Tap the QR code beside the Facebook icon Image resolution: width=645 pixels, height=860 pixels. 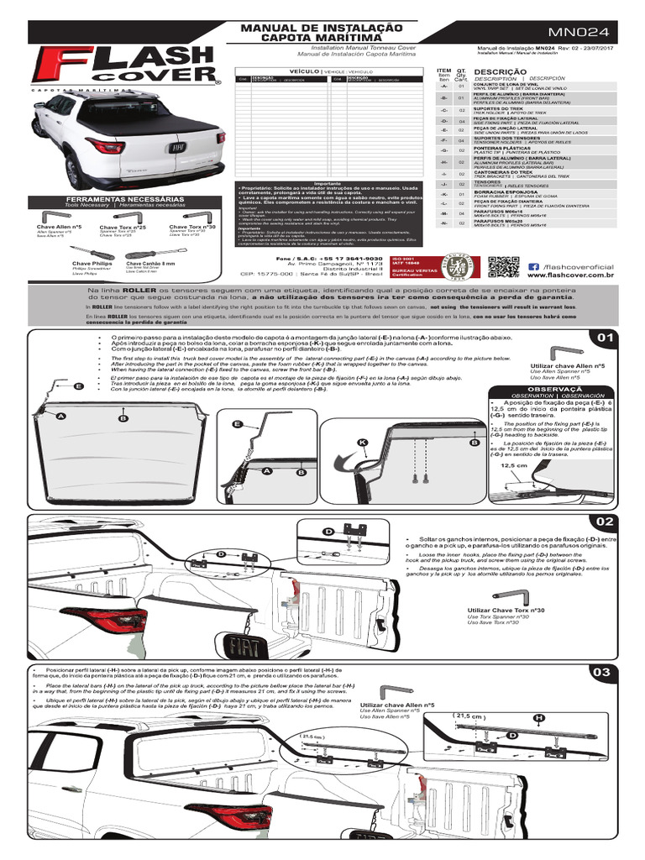(502, 268)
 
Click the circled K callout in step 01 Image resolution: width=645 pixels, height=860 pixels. (362, 443)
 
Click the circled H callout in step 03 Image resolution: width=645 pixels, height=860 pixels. (538, 717)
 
